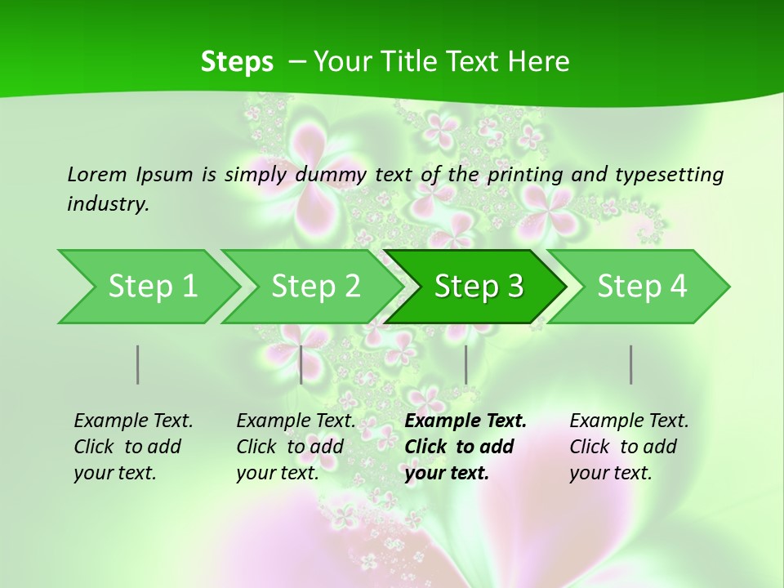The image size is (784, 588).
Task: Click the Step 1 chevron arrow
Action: pyautogui.click(x=152, y=287)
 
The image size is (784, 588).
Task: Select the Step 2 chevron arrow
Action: pyautogui.click(x=315, y=287)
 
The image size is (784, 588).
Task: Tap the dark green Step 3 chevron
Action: pyautogui.click(x=479, y=287)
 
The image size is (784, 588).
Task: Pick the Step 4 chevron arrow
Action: pyautogui.click(x=642, y=287)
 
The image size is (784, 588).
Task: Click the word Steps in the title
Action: pyautogui.click(x=237, y=61)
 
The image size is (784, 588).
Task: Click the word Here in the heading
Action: pyautogui.click(x=539, y=61)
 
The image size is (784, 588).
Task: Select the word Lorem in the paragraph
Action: pyautogui.click(x=97, y=174)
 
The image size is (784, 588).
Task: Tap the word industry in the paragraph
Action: pyautogui.click(x=108, y=204)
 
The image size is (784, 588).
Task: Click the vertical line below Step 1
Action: pyautogui.click(x=137, y=364)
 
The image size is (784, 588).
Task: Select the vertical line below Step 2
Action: pyautogui.click(x=301, y=364)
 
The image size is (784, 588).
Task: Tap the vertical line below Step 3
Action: pyautogui.click(x=465, y=364)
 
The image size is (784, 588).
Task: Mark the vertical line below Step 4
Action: pyautogui.click(x=630, y=364)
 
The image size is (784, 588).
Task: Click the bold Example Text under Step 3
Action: pyautogui.click(x=465, y=421)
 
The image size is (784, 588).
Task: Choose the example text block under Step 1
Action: pyautogui.click(x=133, y=447)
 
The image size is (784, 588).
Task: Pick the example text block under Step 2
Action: pyautogui.click(x=296, y=447)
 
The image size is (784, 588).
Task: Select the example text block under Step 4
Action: pyautogui.click(x=629, y=447)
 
